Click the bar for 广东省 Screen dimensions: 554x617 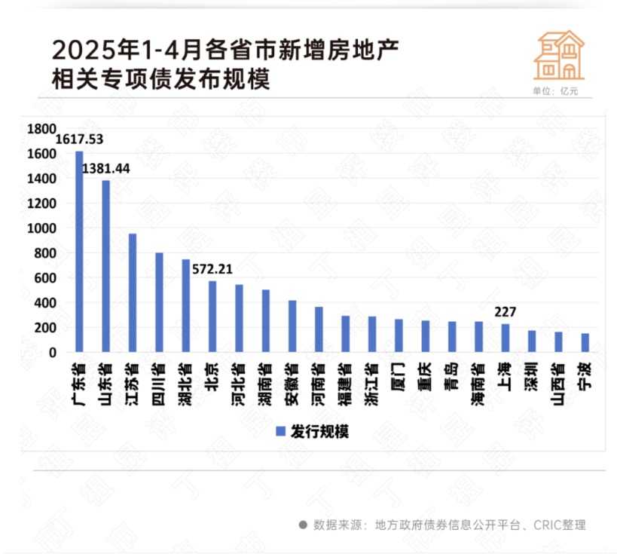(79, 252)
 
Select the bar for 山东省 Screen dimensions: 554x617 (105, 266)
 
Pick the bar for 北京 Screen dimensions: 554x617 (212, 317)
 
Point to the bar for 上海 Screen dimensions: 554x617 (505, 338)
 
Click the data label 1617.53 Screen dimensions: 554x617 (80, 139)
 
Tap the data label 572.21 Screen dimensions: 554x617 (214, 268)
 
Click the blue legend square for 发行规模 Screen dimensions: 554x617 (279, 432)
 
